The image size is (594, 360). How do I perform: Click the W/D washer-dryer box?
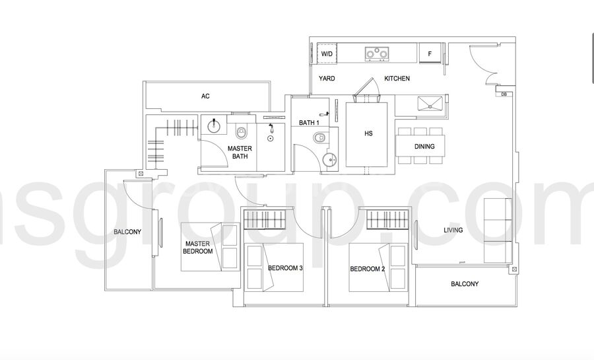click(x=327, y=54)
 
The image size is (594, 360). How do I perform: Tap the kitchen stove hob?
click(x=377, y=54)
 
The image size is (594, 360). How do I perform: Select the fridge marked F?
click(x=430, y=54)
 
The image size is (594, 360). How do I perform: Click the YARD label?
click(x=327, y=79)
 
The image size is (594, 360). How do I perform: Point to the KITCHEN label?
click(x=397, y=79)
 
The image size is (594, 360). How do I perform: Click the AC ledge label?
click(x=205, y=96)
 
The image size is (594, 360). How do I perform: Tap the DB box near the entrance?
click(x=504, y=94)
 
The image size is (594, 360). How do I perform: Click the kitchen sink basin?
click(x=430, y=103)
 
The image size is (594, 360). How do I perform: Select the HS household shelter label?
click(x=368, y=133)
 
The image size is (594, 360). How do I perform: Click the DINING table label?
click(x=424, y=146)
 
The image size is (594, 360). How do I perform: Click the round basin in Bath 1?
click(x=331, y=161)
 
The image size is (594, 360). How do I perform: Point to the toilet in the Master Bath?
click(x=241, y=133)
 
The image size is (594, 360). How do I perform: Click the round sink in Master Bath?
click(x=214, y=125)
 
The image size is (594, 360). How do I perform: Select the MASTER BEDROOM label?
click(x=198, y=248)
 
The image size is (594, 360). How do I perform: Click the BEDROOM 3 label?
click(x=285, y=268)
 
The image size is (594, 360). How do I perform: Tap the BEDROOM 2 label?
click(x=368, y=269)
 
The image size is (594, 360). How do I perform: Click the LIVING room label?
click(x=453, y=230)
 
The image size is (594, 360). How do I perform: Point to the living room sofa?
click(x=498, y=230)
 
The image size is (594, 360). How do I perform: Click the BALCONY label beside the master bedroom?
click(x=127, y=232)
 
